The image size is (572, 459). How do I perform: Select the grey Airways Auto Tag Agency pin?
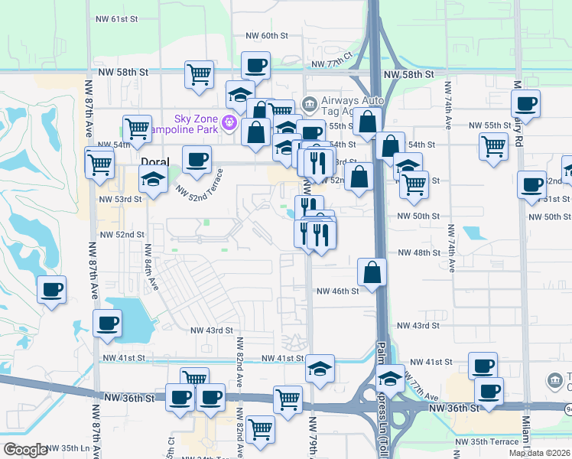(x=310, y=103)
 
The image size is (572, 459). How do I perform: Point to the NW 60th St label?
(x=266, y=36)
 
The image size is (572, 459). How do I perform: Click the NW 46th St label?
(x=338, y=291)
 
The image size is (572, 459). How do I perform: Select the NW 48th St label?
(x=417, y=253)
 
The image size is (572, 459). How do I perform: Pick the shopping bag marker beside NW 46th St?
(x=372, y=273)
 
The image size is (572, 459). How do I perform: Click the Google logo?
(x=25, y=450)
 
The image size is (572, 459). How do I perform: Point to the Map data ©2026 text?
(x=539, y=453)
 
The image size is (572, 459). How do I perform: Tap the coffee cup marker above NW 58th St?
(x=255, y=65)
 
